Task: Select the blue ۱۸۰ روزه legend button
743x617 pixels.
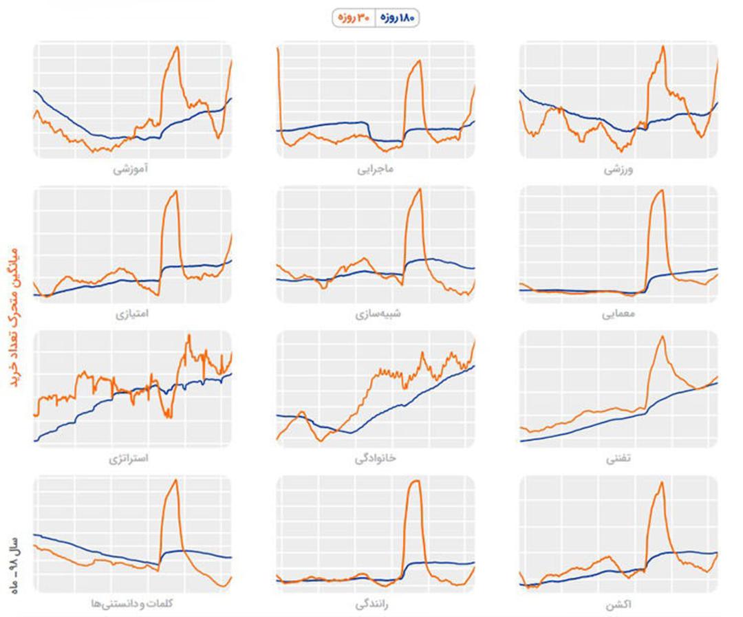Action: [x=398, y=18]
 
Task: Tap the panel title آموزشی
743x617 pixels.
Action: [x=130, y=169]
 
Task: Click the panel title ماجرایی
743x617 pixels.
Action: [x=376, y=169]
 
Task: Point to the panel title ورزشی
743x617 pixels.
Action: [x=618, y=169]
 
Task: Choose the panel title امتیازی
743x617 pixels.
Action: [x=131, y=314]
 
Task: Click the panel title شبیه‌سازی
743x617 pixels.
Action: [x=378, y=314]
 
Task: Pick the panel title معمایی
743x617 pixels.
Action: [x=618, y=314]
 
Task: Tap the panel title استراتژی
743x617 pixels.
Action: [x=129, y=458]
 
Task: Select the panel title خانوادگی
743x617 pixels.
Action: [x=376, y=458]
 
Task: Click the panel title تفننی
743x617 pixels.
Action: [x=618, y=459]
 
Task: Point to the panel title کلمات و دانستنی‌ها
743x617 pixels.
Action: [x=132, y=603]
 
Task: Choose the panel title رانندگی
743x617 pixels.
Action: [x=372, y=604]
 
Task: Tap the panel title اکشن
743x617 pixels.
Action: [x=618, y=605]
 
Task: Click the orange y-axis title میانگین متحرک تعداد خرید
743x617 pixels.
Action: [x=14, y=316]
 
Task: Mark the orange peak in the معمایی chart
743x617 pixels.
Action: [x=661, y=191]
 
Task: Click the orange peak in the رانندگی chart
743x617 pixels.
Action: [x=416, y=481]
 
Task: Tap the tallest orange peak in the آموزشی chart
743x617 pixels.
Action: [x=177, y=47]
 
